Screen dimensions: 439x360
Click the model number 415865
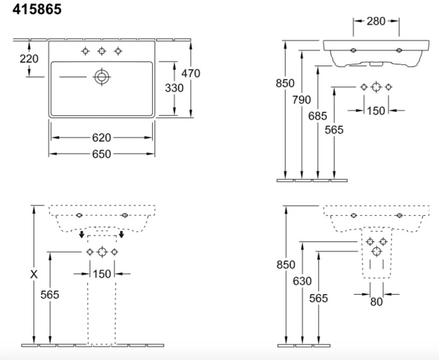click(x=37, y=9)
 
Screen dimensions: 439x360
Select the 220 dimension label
click(x=29, y=59)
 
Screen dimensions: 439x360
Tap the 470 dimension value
click(x=191, y=73)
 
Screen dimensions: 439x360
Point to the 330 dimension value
click(x=174, y=88)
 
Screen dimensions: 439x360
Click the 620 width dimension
click(x=102, y=138)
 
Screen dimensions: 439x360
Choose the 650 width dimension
click(x=102, y=154)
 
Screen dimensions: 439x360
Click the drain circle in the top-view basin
click(x=102, y=77)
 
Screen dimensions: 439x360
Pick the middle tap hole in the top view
click(x=102, y=51)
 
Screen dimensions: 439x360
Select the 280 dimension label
click(x=376, y=21)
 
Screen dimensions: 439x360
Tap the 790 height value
click(x=302, y=100)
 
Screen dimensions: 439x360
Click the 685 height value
click(x=318, y=116)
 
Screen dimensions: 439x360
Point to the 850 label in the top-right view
click(x=285, y=83)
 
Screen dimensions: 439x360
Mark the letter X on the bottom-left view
click(x=34, y=275)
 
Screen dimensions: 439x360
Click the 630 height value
click(x=302, y=281)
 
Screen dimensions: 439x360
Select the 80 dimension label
click(x=376, y=302)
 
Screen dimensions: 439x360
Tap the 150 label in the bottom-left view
click(x=102, y=274)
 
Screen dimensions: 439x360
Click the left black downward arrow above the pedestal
click(x=81, y=234)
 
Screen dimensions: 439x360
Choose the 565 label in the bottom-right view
click(x=319, y=299)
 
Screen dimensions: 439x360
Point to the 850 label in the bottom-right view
click(x=286, y=265)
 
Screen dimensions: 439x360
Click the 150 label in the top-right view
click(x=376, y=111)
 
